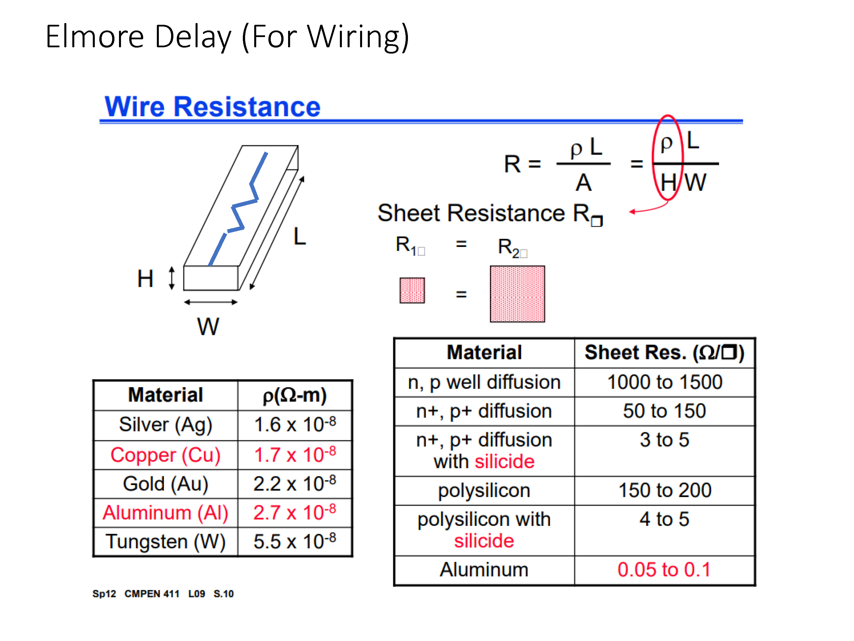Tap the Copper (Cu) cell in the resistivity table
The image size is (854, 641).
pyautogui.click(x=166, y=455)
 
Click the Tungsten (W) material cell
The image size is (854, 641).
pyautogui.click(x=166, y=542)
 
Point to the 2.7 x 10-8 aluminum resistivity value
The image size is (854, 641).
pyautogui.click(x=295, y=512)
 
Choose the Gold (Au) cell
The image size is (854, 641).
pyautogui.click(x=166, y=484)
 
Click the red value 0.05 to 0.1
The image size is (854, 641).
pyautogui.click(x=664, y=569)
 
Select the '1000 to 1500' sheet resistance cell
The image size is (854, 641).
pyautogui.click(x=665, y=382)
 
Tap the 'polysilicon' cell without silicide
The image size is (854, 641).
pyautogui.click(x=484, y=491)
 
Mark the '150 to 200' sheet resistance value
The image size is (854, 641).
pyautogui.click(x=665, y=490)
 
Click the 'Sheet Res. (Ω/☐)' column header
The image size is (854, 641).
pyautogui.click(x=664, y=353)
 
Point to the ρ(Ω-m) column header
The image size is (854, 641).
pyautogui.click(x=295, y=395)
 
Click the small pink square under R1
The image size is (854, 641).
pyautogui.click(x=412, y=291)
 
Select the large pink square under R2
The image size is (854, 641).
pyautogui.click(x=517, y=294)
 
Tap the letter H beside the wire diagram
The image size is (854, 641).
pyautogui.click(x=145, y=279)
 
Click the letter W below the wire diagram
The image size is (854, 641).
pyautogui.click(x=208, y=326)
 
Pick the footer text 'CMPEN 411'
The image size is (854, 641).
pyautogui.click(x=152, y=594)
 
